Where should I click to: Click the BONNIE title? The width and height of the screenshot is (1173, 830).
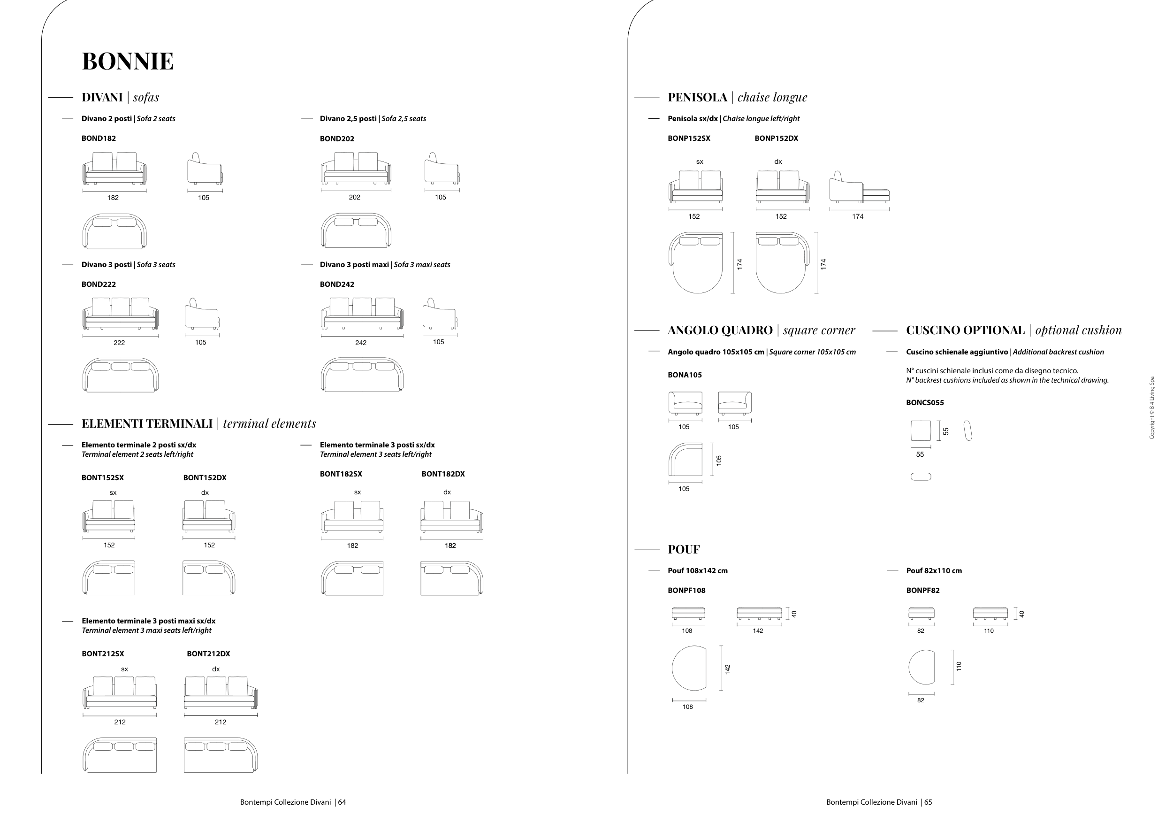point(128,61)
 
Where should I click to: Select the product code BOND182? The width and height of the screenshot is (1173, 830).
point(99,138)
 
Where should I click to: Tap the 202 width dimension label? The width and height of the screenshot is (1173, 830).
point(355,197)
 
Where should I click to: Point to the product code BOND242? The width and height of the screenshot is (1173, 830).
point(337,284)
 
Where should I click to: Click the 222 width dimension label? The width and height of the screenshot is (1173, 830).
point(119,343)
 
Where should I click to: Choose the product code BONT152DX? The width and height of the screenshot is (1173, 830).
point(205,478)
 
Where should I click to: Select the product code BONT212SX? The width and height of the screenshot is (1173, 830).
point(103,653)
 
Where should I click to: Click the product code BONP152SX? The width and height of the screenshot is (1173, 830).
point(689,138)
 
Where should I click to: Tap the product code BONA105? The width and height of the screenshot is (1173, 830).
point(685,375)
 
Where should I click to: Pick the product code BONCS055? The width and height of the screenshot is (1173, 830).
point(925,403)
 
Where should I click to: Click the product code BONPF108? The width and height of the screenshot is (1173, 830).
point(686,590)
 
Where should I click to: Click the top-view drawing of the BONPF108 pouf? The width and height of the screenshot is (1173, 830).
point(689,668)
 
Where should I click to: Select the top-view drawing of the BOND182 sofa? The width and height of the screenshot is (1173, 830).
point(114,231)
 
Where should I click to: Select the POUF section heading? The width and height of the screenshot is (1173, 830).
point(684,549)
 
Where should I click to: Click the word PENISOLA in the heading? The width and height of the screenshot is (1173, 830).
point(697,97)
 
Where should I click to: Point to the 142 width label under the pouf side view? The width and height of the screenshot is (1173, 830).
point(758,630)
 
